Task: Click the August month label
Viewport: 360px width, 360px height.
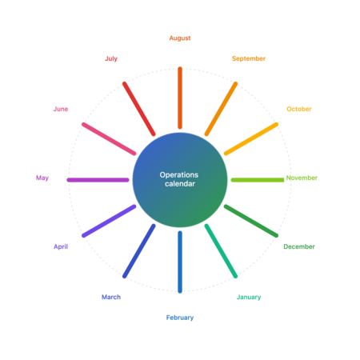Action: [x=180, y=38]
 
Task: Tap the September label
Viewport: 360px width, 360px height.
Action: [x=249, y=58]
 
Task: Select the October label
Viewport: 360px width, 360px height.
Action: [x=299, y=109]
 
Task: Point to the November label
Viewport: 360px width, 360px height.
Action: [x=302, y=178]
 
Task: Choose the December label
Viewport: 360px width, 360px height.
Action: [x=299, y=246]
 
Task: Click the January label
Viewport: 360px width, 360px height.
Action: [x=249, y=297]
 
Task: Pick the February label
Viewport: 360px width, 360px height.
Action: [x=180, y=318]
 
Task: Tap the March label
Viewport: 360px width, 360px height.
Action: [x=111, y=297]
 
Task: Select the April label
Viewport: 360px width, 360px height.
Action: [x=61, y=246]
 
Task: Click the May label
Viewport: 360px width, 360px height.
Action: [x=42, y=178]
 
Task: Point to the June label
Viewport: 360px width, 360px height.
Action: [x=61, y=109]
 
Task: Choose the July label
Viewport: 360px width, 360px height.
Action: [x=111, y=58]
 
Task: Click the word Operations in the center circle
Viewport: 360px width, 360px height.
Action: [x=179, y=175]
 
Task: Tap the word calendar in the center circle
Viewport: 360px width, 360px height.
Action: [x=180, y=184]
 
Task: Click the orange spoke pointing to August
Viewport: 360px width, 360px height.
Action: [x=180, y=98]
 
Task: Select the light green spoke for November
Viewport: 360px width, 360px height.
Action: [x=258, y=180]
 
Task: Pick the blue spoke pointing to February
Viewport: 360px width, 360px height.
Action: [x=180, y=262]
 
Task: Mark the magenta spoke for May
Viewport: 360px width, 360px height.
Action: [x=98, y=180]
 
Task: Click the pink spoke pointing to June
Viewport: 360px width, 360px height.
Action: [x=109, y=139]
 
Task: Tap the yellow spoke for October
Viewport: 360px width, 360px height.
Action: [x=251, y=139]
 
